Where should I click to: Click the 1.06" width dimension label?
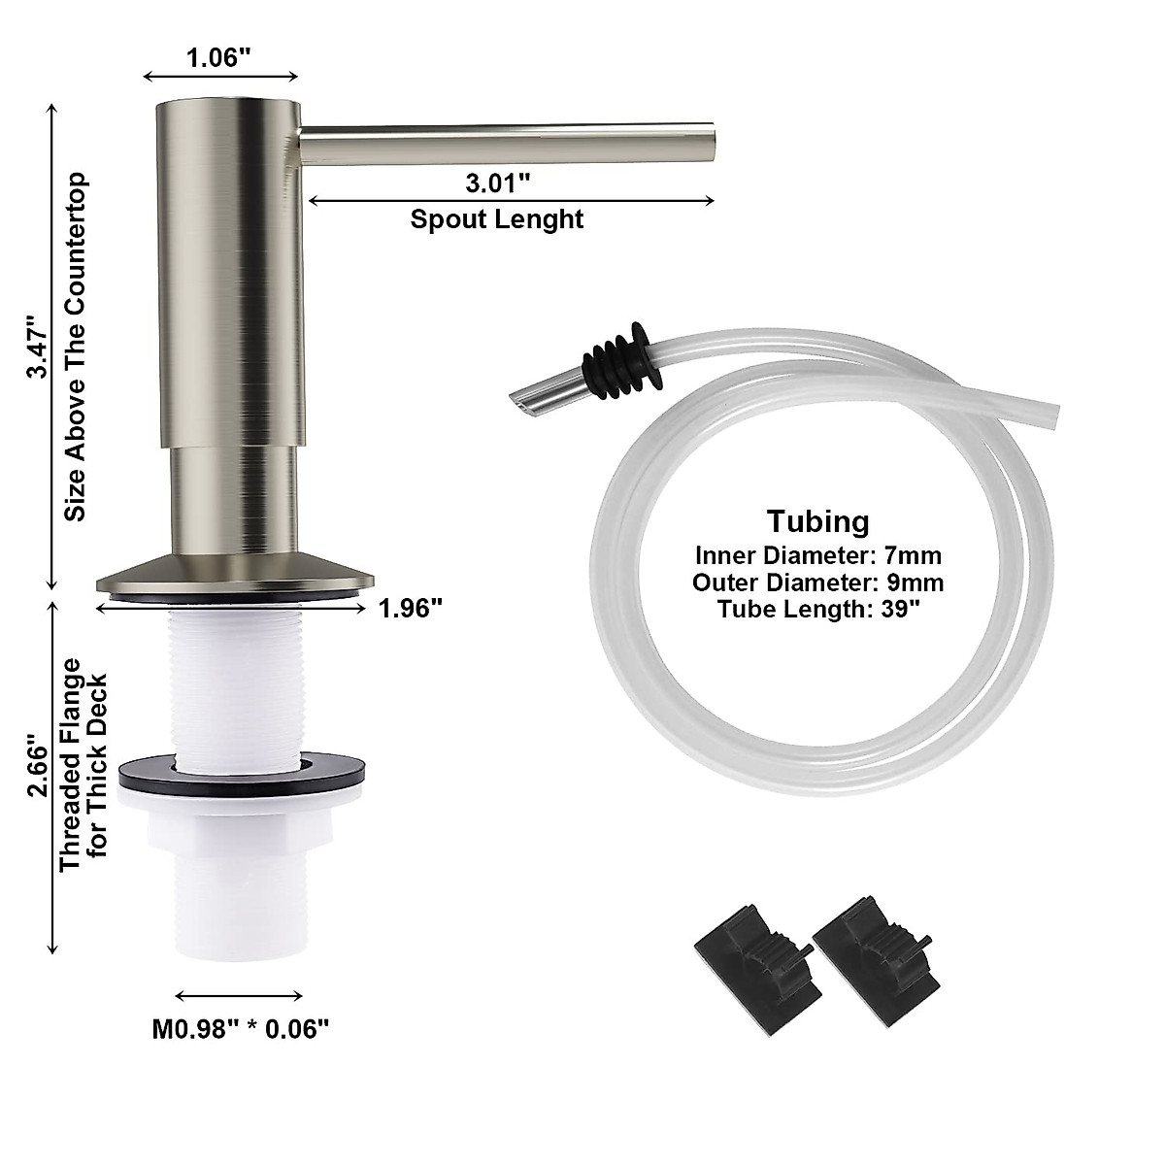(219, 57)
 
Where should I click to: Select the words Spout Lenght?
(497, 218)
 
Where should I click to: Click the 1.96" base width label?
(411, 609)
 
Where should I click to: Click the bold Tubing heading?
(817, 521)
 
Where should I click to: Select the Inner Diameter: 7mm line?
(817, 556)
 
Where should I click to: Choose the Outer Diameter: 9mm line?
(817, 582)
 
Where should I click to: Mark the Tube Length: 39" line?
(817, 609)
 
